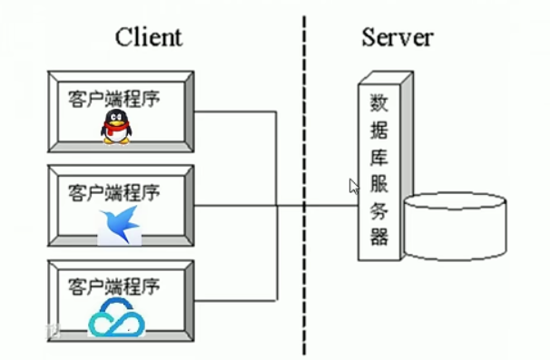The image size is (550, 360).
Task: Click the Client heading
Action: click(148, 37)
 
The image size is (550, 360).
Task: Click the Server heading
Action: click(397, 37)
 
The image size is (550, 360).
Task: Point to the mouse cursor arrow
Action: click(354, 186)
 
